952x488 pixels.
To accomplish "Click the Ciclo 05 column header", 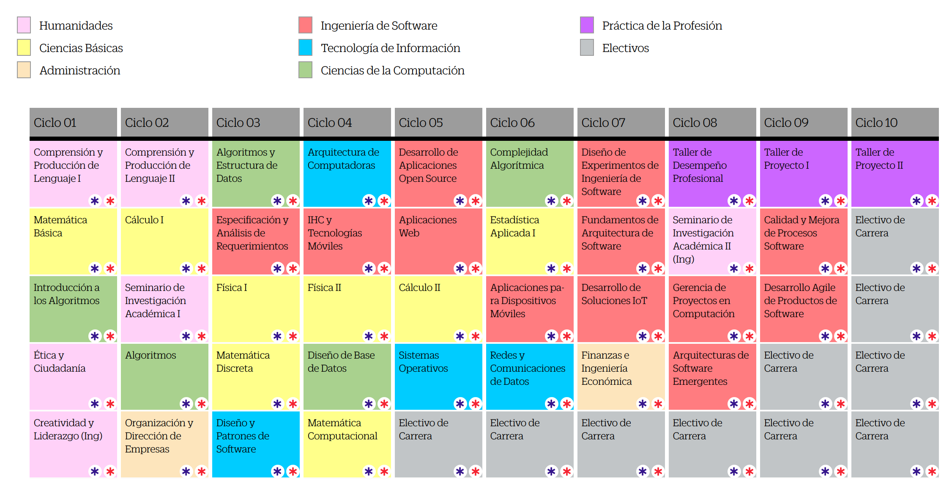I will click(438, 123).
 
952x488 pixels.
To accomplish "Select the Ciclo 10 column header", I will click(895, 123).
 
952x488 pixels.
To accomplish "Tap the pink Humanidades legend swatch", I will click(24, 25).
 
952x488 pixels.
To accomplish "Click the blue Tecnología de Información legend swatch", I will click(305, 47).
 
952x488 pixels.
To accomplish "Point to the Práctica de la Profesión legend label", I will click(662, 25).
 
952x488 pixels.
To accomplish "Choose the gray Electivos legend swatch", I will click(587, 47).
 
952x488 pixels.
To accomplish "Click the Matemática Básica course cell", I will click(73, 241).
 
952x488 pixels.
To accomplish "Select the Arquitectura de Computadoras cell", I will click(347, 174).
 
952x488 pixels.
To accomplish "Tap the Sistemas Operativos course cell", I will click(438, 377).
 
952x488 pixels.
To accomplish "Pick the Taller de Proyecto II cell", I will click(895, 174).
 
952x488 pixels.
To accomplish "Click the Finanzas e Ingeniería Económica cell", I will click(621, 377).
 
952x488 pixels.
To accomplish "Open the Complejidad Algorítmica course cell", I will click(530, 174).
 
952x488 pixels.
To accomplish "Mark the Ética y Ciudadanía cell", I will click(73, 377).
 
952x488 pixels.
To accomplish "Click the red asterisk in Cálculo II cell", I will click(476, 336).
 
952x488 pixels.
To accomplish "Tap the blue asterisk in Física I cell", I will click(277, 336).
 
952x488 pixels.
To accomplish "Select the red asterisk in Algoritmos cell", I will click(202, 404).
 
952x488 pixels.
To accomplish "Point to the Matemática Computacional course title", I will click(342, 429).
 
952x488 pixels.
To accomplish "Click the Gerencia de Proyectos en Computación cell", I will click(712, 309).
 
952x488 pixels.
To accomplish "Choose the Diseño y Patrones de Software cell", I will click(256, 444).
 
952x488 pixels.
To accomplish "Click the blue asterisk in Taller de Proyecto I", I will click(825, 201).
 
